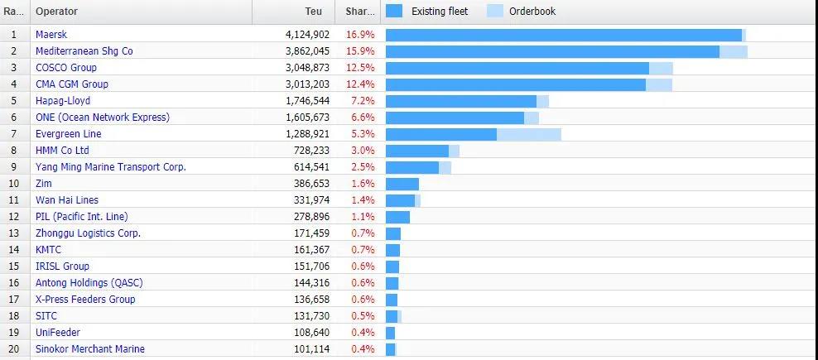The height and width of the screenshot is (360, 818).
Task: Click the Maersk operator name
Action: coord(51,35)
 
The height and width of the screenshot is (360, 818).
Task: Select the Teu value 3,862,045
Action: coord(301,51)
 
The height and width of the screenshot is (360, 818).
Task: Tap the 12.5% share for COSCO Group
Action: coord(359,68)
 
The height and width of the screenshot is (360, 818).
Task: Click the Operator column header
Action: coord(58,12)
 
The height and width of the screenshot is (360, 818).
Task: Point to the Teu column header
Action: coord(314,12)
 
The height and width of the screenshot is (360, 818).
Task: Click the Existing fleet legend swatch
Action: coord(394,12)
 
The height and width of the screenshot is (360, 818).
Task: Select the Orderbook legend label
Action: coord(533,12)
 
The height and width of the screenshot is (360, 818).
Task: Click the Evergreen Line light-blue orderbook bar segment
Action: coord(528,134)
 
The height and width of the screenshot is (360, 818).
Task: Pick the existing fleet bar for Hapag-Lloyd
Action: coord(460,101)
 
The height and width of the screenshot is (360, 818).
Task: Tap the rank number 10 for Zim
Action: coord(13,184)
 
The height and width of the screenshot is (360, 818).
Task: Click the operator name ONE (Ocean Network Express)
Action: coord(102,118)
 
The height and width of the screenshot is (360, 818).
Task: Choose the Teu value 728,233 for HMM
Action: coord(306,151)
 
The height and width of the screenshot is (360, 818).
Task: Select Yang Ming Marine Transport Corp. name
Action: coord(110,167)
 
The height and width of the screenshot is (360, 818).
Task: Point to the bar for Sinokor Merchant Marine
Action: coord(390,349)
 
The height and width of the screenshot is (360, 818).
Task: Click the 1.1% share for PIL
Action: coord(363,217)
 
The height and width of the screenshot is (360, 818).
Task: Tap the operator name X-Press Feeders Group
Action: coord(85,300)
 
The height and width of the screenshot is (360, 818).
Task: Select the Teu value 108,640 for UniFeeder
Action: coord(306,333)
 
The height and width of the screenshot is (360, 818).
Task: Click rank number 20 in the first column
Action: coord(13,349)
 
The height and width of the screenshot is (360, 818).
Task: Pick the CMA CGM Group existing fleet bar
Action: coord(515,84)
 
